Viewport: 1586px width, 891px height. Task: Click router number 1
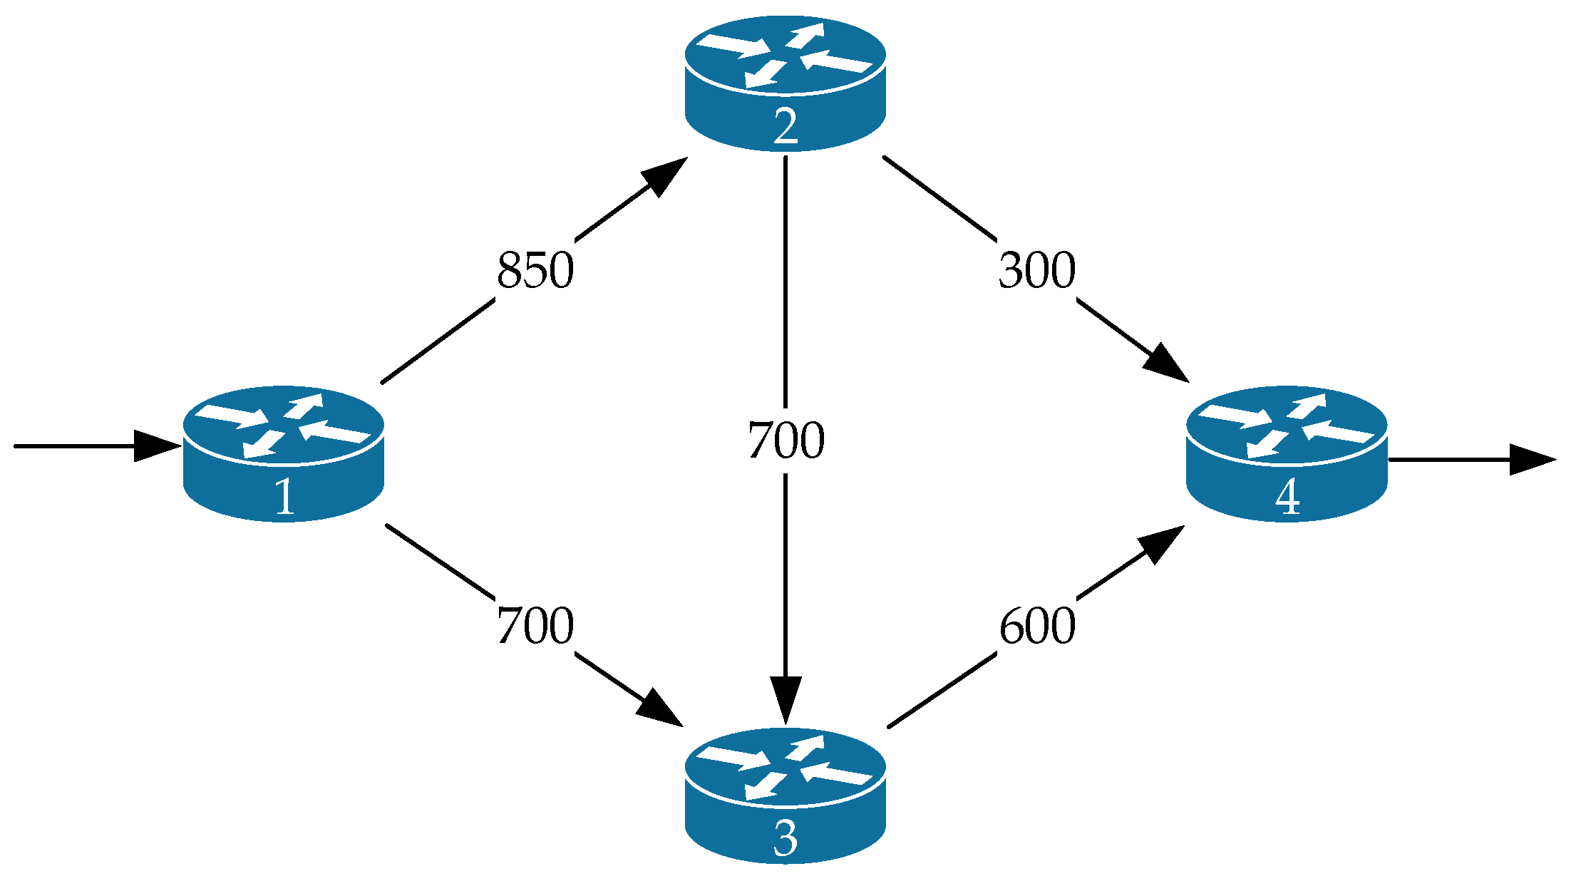tap(284, 453)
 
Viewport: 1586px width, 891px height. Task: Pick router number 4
tap(1287, 453)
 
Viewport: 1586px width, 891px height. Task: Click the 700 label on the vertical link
tap(786, 441)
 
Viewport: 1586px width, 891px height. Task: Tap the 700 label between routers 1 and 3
tap(535, 626)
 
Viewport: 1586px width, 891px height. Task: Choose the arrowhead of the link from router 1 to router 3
tap(659, 709)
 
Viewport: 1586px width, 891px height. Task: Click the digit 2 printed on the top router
tap(785, 128)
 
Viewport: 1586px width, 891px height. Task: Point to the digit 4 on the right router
tap(1287, 498)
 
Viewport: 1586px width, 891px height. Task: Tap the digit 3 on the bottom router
tap(785, 840)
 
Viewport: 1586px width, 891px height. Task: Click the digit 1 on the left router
tap(284, 497)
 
